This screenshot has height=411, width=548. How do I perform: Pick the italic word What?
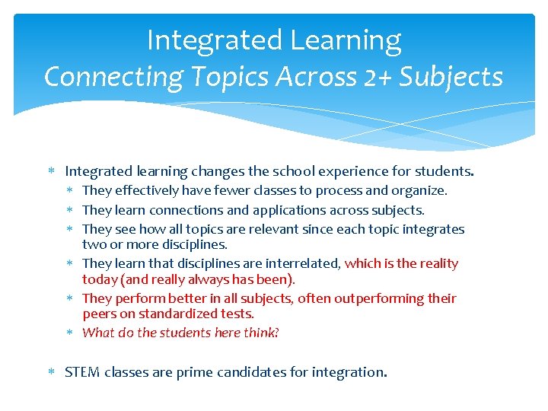[x=97, y=333]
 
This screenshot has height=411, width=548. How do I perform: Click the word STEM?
[x=82, y=372]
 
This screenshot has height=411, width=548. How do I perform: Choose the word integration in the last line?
[x=349, y=372]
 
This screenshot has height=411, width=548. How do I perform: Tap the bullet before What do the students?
[x=72, y=333]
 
